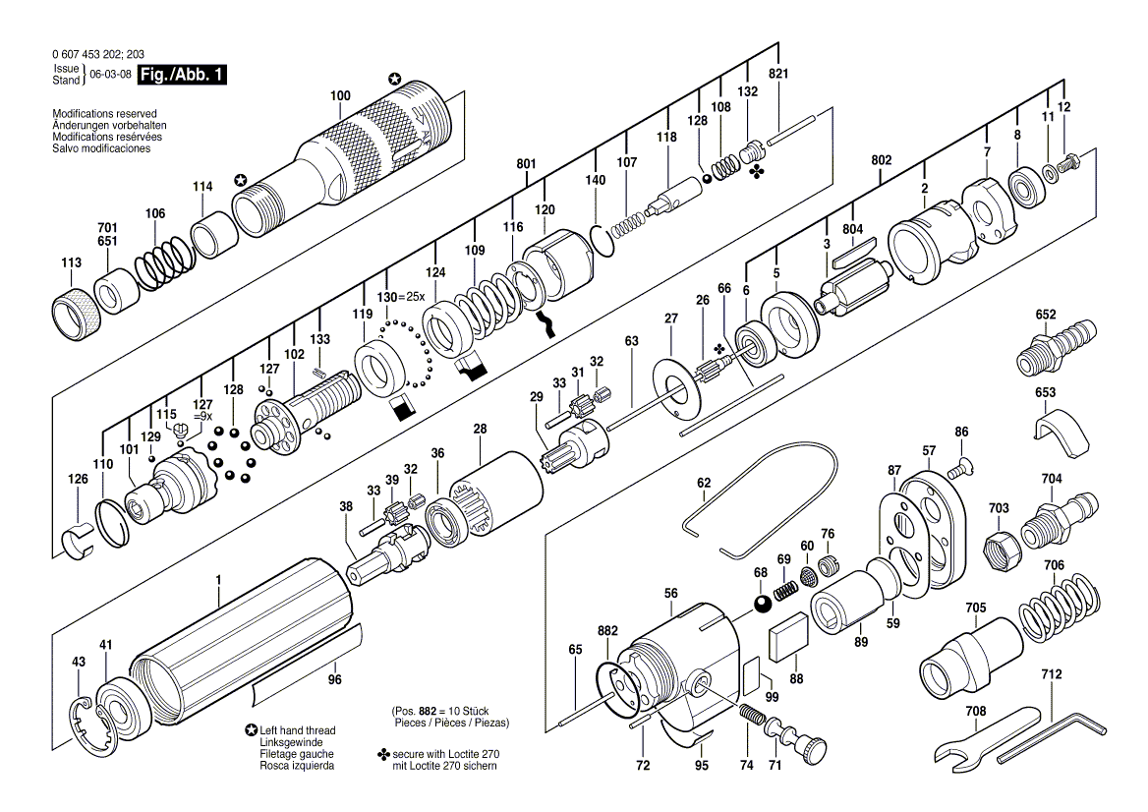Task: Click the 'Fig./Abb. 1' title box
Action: (x=182, y=75)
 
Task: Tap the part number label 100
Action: (x=340, y=95)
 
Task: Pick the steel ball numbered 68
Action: (x=762, y=605)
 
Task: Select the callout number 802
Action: (x=882, y=159)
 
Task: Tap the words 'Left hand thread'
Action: (x=297, y=730)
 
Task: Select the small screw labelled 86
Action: (x=957, y=463)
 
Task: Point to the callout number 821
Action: (x=779, y=74)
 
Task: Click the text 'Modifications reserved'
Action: (x=104, y=114)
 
